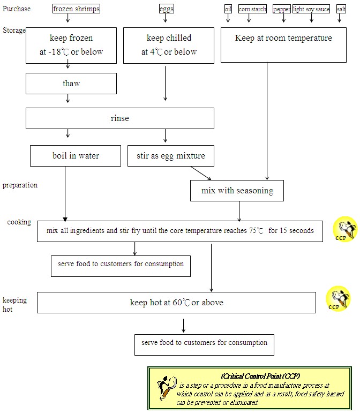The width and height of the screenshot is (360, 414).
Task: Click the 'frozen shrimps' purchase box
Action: pyautogui.click(x=76, y=9)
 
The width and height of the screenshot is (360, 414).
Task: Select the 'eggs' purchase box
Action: pyautogui.click(x=166, y=9)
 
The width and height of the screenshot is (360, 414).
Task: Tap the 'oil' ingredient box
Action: pyautogui.click(x=228, y=9)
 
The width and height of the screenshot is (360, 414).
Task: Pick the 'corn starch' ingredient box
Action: pyautogui.click(x=252, y=9)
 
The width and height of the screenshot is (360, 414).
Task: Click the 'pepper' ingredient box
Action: pyautogui.click(x=282, y=9)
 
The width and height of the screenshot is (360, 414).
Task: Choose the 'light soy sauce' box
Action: pyautogui.click(x=311, y=9)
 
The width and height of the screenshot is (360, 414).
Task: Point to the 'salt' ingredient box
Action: pyautogui.click(x=341, y=9)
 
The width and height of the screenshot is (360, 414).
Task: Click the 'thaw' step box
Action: pyautogui.click(x=71, y=84)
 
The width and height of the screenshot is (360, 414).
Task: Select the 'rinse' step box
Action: pyautogui.click(x=120, y=118)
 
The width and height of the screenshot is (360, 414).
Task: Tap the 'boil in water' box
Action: pyautogui.click(x=76, y=156)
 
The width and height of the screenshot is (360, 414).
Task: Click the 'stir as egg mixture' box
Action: pyautogui.click(x=167, y=156)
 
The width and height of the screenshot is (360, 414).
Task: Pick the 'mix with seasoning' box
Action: pyautogui.click(x=237, y=191)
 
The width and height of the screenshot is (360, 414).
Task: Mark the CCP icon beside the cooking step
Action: pyautogui.click(x=345, y=229)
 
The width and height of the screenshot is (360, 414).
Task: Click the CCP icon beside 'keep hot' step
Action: pyautogui.click(x=339, y=299)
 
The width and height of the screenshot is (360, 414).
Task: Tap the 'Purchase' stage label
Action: pyautogui.click(x=17, y=9)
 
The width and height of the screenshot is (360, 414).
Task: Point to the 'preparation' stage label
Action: pyautogui.click(x=20, y=185)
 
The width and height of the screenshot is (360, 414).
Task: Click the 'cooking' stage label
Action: pyautogui.click(x=19, y=222)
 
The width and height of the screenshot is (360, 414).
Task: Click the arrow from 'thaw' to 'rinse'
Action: pyautogui.click(x=68, y=99)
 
